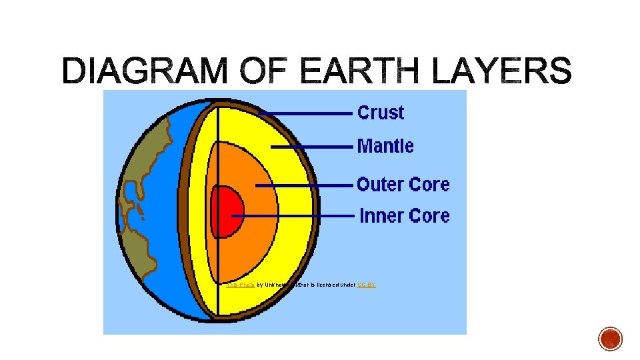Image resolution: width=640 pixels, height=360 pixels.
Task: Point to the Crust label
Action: (381, 113)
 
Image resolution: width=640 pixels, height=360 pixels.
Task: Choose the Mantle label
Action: (385, 146)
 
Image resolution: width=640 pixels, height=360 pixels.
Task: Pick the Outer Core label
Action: (403, 184)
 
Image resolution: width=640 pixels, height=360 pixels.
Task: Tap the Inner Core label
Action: (405, 216)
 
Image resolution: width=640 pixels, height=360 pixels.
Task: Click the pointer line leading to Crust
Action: (307, 114)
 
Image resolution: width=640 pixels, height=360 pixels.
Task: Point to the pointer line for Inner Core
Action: (293, 216)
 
